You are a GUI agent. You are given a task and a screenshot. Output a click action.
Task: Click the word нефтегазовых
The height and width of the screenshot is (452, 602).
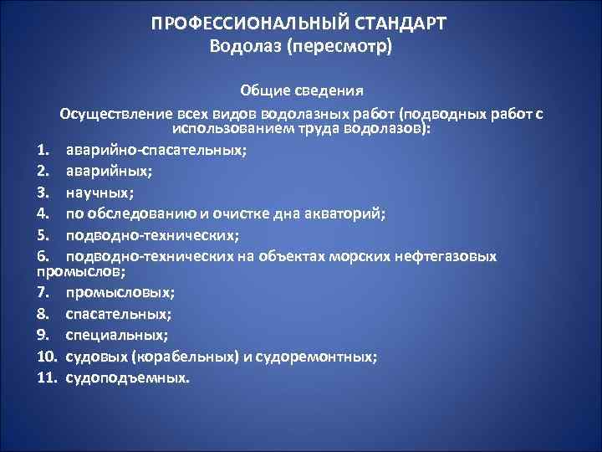coord(445,255)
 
